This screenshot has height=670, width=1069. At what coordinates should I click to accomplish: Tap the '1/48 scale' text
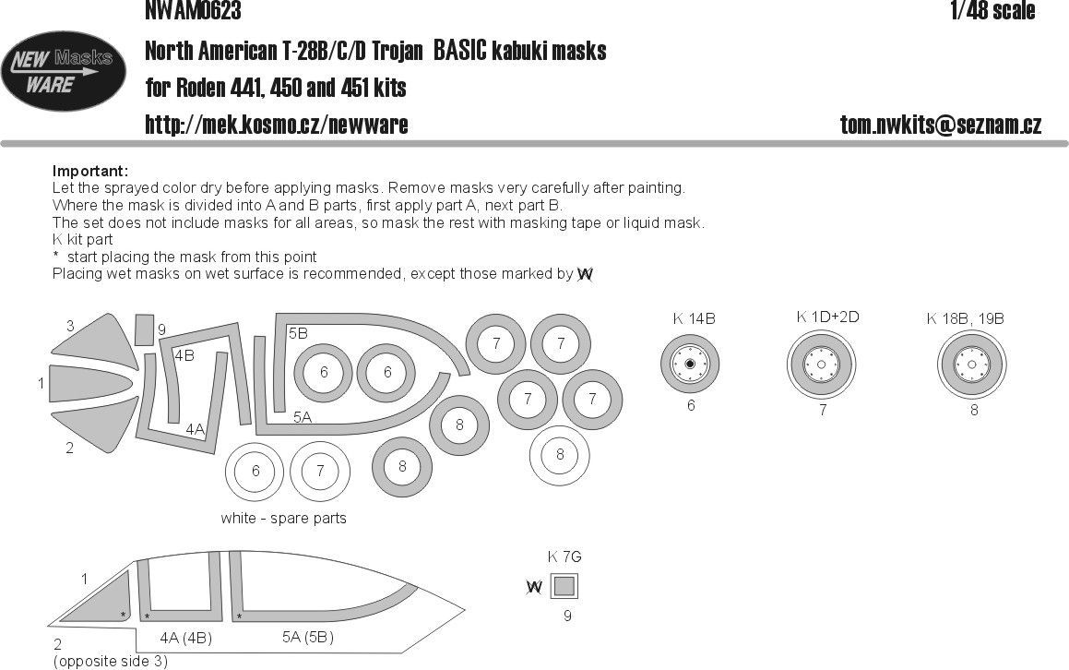tap(992, 11)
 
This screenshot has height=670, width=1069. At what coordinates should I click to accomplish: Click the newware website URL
tap(277, 125)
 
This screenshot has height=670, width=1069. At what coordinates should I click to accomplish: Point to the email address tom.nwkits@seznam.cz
tap(940, 126)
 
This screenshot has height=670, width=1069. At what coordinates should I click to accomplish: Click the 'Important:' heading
tap(90, 172)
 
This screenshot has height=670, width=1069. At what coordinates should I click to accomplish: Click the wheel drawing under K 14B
tap(691, 365)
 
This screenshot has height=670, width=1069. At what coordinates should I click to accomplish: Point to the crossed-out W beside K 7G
tap(533, 587)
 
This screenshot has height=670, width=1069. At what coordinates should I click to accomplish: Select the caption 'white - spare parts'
tap(283, 518)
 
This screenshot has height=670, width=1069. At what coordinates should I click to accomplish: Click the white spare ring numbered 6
tap(255, 471)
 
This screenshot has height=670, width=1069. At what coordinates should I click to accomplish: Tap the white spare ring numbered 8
tap(560, 454)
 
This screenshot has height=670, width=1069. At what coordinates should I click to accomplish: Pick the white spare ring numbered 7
tap(320, 471)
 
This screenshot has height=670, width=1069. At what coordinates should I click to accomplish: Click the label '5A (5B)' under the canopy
tap(307, 637)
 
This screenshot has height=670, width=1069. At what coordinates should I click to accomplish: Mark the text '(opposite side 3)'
tap(111, 661)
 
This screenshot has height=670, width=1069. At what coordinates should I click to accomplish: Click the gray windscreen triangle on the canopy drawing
tap(105, 600)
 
